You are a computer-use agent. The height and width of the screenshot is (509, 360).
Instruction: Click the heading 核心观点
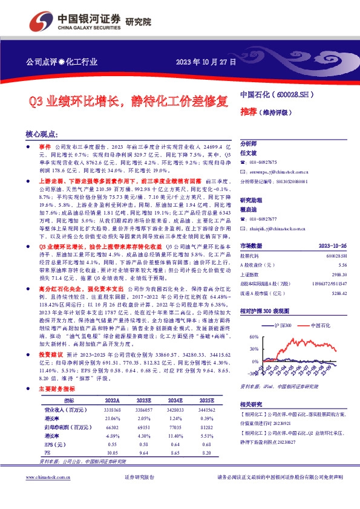pos(41,134)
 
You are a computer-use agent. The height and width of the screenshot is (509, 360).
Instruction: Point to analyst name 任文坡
pos(249,154)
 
